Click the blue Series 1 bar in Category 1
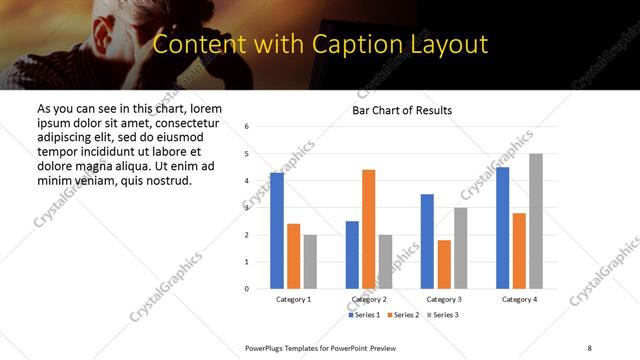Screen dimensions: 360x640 click(x=277, y=231)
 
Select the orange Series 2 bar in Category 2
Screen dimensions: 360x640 click(x=369, y=229)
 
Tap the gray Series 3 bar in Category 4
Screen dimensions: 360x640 click(x=536, y=221)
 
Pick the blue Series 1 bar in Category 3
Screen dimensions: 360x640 click(x=427, y=241)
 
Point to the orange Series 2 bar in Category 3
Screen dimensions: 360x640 click(x=444, y=264)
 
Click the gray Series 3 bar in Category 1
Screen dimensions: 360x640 click(x=310, y=262)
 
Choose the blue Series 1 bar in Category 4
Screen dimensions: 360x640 click(x=502, y=228)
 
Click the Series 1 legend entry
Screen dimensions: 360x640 click(x=364, y=315)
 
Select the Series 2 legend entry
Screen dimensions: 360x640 click(x=402, y=315)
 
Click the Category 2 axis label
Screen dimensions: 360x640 click(x=369, y=299)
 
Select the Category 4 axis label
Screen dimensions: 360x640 click(x=519, y=299)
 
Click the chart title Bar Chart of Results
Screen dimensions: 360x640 click(x=403, y=110)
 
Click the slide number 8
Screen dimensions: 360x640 click(x=589, y=347)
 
